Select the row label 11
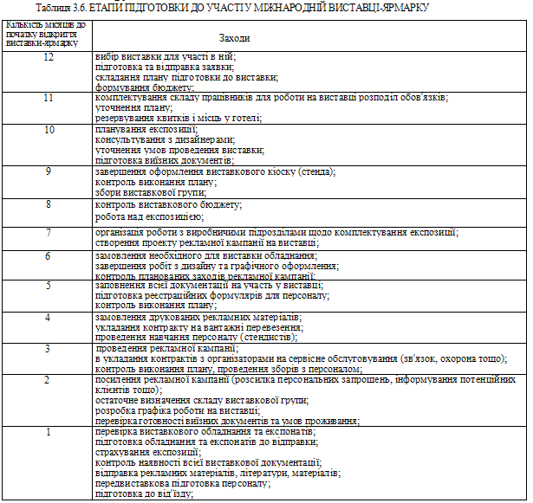49,98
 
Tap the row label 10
49,129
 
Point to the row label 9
49,171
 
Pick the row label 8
49,204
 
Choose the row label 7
49,233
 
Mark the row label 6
49,256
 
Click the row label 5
49,285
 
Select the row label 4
49,317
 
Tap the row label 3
49,348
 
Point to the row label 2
49,380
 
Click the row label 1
49,431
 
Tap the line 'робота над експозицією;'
148,216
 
